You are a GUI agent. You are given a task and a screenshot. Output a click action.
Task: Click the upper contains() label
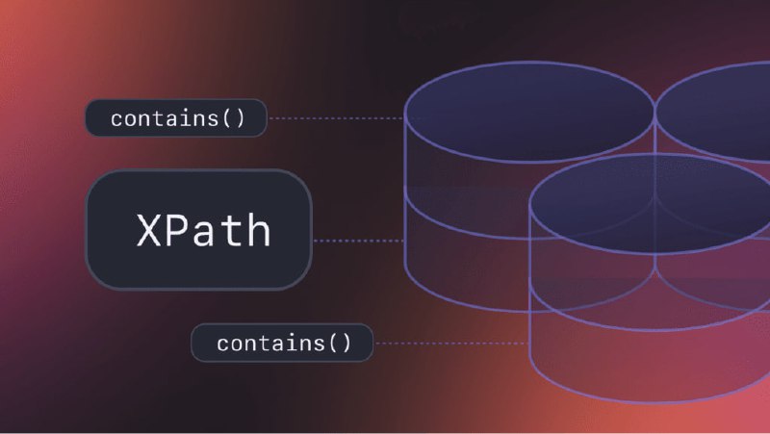176,117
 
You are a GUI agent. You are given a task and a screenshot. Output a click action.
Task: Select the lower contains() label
282,343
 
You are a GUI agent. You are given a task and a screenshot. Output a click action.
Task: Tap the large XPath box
199,230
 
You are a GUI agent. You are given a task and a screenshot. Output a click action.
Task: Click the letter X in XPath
148,230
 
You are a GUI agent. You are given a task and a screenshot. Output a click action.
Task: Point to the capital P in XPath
176,230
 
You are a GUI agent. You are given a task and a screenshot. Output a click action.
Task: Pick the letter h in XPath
258,229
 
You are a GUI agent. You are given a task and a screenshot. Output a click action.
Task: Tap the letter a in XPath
203,234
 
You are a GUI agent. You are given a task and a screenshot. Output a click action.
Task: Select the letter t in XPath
231,231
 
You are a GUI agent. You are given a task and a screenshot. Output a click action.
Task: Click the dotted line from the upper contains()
336,118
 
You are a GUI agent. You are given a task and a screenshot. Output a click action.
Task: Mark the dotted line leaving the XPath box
358,241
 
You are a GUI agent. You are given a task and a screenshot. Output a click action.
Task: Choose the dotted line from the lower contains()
451,344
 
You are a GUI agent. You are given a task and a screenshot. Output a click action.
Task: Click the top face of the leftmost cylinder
528,112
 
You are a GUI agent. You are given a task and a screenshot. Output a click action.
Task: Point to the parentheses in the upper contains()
233,118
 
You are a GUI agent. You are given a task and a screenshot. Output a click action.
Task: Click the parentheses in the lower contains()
340,343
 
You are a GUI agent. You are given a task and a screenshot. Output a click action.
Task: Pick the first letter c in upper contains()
116,119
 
